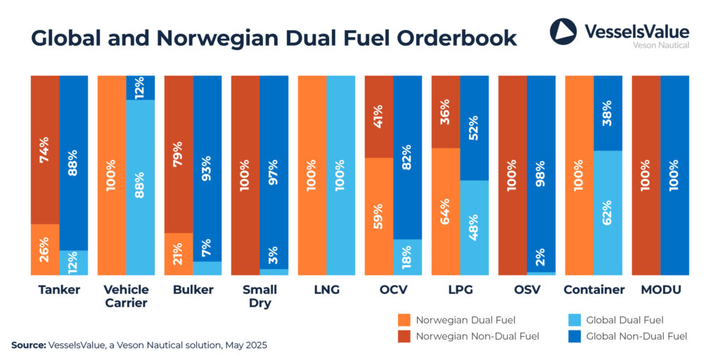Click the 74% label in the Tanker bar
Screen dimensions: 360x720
click(44, 150)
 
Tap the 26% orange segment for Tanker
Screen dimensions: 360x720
click(44, 248)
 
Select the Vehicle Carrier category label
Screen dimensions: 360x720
click(126, 296)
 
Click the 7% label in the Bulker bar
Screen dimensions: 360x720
click(207, 247)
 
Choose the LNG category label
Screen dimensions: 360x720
click(326, 290)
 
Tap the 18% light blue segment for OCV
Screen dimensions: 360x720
click(407, 257)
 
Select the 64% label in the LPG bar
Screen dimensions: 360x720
click(445, 211)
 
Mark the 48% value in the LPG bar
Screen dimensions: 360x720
click(474, 226)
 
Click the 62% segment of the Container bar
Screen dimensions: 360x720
click(607, 212)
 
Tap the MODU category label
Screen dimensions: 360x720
click(660, 290)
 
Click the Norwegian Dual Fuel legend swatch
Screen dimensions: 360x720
click(405, 319)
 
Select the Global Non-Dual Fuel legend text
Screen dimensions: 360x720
click(636, 336)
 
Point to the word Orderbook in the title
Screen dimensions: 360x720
click(454, 38)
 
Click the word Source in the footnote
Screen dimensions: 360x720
click(27, 345)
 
